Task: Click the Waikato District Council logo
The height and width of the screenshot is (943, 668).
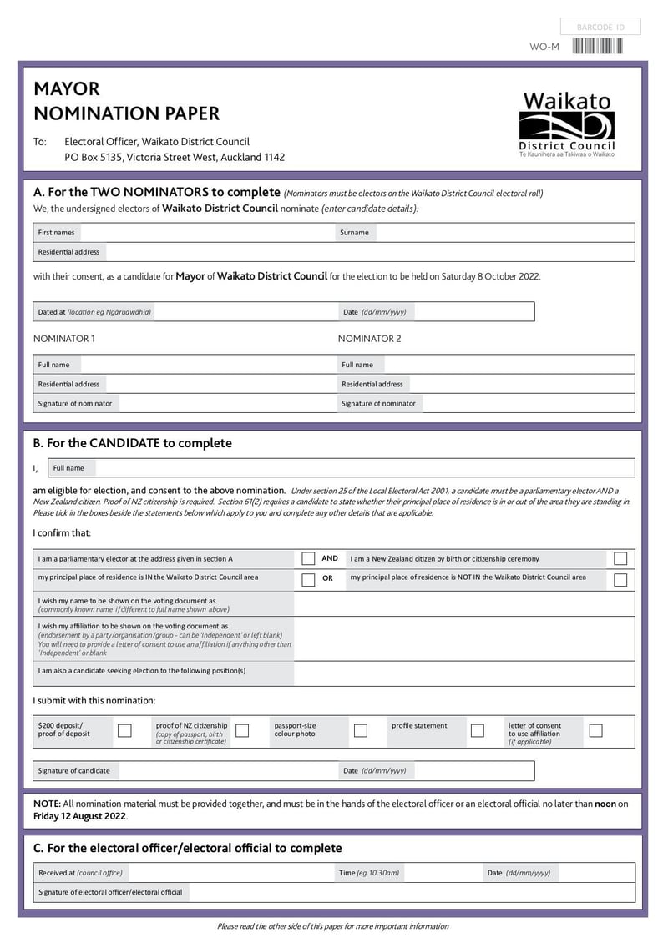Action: click(x=567, y=125)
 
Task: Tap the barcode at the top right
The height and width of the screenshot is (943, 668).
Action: click(x=598, y=47)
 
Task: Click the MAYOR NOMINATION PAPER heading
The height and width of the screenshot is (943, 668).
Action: click(x=126, y=101)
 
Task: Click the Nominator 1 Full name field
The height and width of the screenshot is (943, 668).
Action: click(x=205, y=365)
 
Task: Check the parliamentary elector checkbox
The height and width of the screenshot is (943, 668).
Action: click(x=308, y=559)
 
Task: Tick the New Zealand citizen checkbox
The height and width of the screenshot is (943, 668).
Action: click(x=620, y=559)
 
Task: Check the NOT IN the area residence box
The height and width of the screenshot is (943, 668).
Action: click(x=620, y=579)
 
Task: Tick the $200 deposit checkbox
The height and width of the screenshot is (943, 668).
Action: click(x=124, y=731)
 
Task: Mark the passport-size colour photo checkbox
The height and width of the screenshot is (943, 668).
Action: click(x=361, y=731)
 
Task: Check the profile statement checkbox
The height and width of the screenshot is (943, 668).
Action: click(x=478, y=731)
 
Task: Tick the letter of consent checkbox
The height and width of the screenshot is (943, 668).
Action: click(x=595, y=731)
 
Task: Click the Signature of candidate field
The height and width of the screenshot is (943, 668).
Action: click(x=225, y=770)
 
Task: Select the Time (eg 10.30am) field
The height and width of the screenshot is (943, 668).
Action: click(x=443, y=873)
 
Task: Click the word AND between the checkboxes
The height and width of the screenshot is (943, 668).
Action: click(x=330, y=558)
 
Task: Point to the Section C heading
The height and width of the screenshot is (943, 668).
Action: click(x=187, y=848)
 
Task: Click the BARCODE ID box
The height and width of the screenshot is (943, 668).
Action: click(x=600, y=28)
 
